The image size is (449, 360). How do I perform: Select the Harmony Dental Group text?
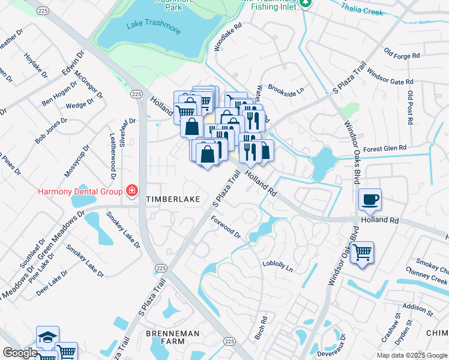point(81,191)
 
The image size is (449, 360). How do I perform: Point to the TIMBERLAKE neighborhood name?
point(173,199)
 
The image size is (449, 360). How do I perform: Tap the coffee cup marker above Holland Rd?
point(370,200)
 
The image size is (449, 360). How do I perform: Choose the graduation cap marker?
point(47,338)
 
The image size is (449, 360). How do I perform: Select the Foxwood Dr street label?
point(226,227)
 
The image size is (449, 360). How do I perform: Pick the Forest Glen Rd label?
point(384,148)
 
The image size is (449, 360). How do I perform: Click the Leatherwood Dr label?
point(112,157)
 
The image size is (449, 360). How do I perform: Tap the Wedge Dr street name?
point(76,106)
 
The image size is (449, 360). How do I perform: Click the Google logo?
point(20,353)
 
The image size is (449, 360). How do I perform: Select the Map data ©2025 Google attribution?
point(412,355)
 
